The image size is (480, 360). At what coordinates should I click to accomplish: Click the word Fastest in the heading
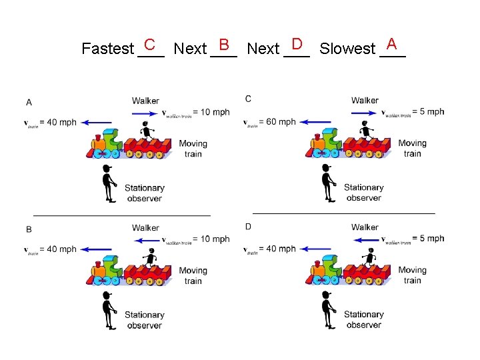[x=107, y=49]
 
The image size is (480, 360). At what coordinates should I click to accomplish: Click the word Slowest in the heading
[x=347, y=49]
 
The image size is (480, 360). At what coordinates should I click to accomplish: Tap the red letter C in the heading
[x=150, y=45]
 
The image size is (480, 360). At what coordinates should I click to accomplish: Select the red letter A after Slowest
[x=392, y=45]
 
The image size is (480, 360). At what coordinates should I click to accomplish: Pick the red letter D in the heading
[x=297, y=45]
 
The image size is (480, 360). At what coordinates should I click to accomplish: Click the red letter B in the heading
[x=224, y=45]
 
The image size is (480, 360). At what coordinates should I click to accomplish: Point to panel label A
[x=29, y=102]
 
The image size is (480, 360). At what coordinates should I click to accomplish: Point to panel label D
[x=248, y=227]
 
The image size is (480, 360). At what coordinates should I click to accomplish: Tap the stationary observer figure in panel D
[x=327, y=310]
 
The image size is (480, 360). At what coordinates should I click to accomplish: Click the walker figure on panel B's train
[x=151, y=257]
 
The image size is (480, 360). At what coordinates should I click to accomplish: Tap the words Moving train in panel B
[x=193, y=275]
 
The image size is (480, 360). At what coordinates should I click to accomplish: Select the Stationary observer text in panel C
[x=363, y=193]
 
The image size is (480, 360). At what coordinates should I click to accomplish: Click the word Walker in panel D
[x=365, y=228]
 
